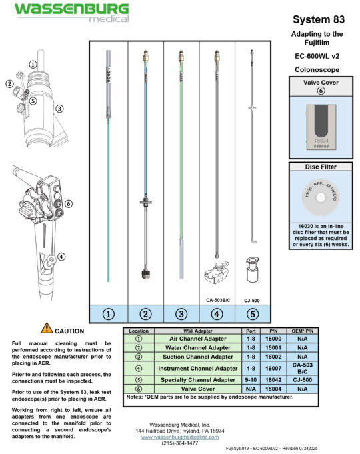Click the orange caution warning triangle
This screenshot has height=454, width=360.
[47, 327]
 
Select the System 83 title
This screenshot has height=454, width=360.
[318, 20]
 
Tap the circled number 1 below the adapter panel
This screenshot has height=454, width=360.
[109, 313]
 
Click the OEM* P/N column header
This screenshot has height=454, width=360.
[300, 330]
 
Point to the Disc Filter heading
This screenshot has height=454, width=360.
[317, 167]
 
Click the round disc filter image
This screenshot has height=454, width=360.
[317, 197]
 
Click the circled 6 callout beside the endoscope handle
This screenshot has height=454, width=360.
[68, 204]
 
